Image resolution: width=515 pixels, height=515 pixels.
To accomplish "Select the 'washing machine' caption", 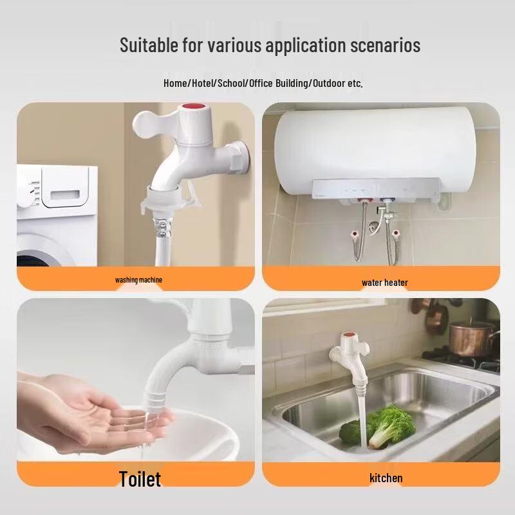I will click(138, 280).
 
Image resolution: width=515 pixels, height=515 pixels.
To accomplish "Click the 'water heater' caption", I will click(384, 283).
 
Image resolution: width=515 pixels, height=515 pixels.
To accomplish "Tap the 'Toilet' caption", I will click(140, 478).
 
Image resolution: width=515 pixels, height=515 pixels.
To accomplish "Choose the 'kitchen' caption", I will click(386, 478).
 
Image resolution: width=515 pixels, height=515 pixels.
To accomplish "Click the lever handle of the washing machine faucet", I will click(151, 122).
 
